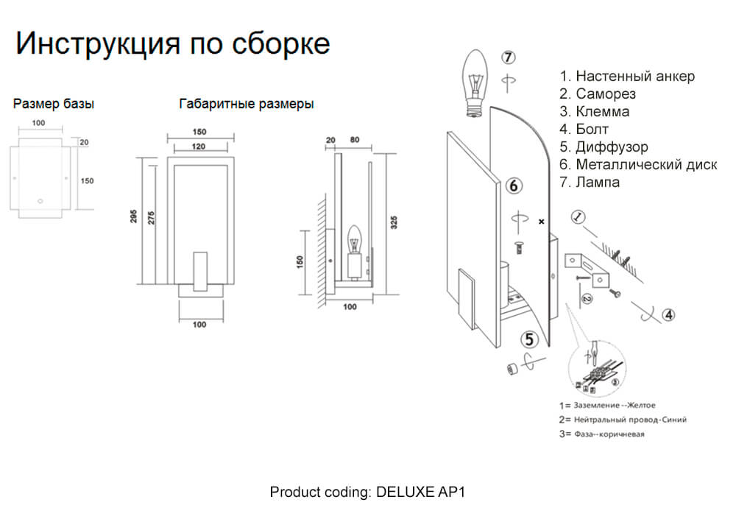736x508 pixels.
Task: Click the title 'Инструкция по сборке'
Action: (172, 43)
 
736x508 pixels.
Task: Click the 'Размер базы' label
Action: (54, 104)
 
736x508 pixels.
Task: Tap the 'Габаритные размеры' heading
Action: (247, 104)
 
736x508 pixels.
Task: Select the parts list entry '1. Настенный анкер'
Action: (627, 77)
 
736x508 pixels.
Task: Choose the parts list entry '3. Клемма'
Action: (594, 112)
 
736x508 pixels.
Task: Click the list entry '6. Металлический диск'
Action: (637, 165)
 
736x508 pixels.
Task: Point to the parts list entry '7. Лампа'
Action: (589, 183)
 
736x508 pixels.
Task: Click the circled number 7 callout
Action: (509, 57)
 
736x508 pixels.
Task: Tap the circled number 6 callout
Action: (514, 186)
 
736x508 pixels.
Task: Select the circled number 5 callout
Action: (529, 339)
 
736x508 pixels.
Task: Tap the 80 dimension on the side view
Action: (355, 139)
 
